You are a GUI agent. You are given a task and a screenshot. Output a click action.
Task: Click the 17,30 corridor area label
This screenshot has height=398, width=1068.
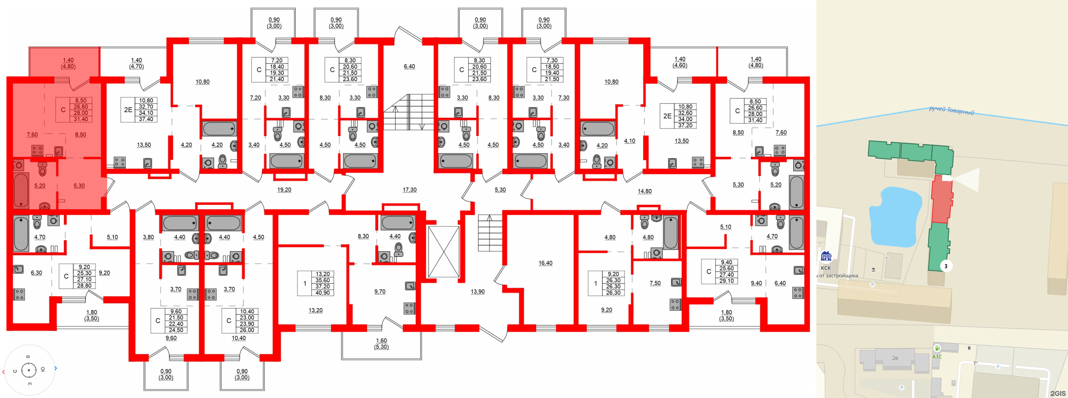[x=409, y=190]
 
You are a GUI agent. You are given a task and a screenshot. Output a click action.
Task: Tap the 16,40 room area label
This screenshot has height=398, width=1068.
[x=545, y=263]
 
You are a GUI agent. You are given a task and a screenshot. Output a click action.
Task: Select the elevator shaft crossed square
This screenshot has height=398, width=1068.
[x=443, y=251]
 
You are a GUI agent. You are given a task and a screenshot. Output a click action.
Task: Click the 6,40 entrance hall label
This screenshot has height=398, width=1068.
[x=409, y=66]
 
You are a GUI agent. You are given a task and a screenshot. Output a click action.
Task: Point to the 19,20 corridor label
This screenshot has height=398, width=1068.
[x=284, y=190]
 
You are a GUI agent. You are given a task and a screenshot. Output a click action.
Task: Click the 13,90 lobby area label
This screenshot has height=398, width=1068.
[x=477, y=292]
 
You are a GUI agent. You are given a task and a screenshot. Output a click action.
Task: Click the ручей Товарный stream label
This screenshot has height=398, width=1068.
[x=951, y=110]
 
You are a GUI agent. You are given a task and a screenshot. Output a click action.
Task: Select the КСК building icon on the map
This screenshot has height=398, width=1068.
[x=826, y=257]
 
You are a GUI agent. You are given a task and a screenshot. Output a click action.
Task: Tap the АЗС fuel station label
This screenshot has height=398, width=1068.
[x=937, y=356]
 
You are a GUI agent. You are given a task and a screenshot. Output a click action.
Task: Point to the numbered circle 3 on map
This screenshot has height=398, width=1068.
[x=946, y=266]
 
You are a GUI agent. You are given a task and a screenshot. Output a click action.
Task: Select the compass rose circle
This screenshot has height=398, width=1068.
[x=28, y=370]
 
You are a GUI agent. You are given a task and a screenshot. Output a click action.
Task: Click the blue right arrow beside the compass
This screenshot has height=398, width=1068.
[x=56, y=368]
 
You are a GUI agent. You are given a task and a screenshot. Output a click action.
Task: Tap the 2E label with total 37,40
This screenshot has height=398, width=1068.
[x=128, y=110]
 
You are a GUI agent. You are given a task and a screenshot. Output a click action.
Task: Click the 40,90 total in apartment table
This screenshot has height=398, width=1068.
[x=323, y=293]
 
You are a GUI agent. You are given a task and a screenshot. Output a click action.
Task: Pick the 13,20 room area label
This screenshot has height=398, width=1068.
[x=315, y=310]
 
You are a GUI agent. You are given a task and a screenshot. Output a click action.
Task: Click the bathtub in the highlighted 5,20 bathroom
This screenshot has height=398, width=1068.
[x=21, y=190]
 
